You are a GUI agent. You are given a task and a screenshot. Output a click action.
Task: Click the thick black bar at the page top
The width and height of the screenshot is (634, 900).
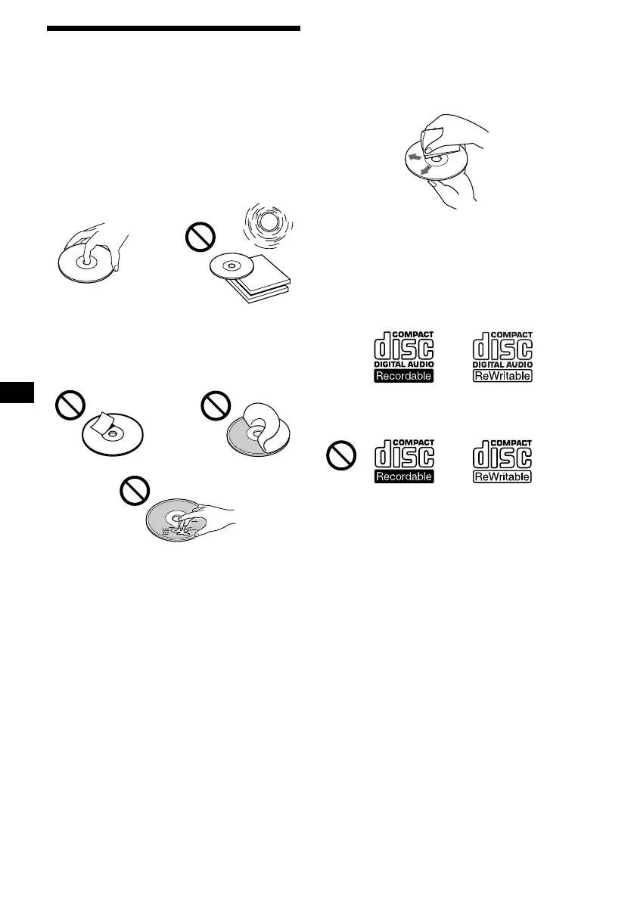(x=173, y=29)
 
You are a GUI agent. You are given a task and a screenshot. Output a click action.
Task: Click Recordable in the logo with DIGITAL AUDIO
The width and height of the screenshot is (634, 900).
(x=404, y=375)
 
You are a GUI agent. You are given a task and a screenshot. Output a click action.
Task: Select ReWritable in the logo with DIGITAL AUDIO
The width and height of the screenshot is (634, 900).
(x=502, y=375)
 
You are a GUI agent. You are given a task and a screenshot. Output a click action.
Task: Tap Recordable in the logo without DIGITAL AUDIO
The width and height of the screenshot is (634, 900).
(x=404, y=476)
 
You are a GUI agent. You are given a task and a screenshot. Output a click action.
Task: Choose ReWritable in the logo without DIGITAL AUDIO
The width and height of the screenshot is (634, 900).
(x=502, y=476)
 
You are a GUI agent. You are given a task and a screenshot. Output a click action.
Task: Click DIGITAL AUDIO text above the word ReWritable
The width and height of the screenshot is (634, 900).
(x=502, y=365)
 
